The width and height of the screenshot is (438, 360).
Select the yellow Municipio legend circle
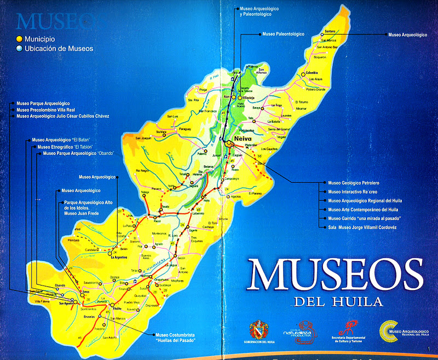tap(19, 39)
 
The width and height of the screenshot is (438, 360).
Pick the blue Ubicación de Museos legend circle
tap(19, 49)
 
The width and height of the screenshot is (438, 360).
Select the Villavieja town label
tap(249, 97)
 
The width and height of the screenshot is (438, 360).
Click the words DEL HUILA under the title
tap(337, 301)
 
